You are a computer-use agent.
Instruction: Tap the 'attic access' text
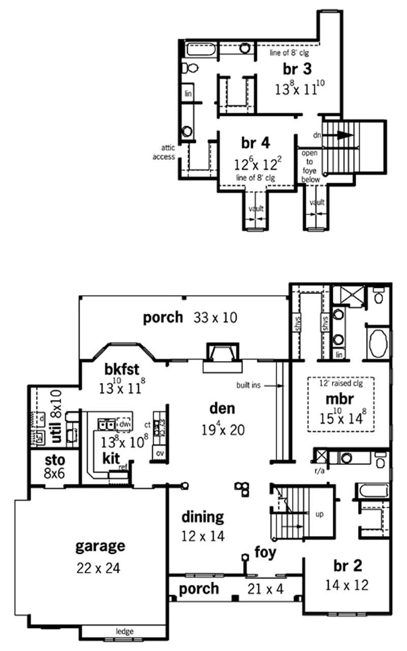[164, 153]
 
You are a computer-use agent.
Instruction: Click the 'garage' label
[100, 546]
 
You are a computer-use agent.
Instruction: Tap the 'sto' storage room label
[55, 460]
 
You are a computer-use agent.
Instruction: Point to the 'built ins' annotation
[249, 386]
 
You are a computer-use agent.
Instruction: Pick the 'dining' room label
[202, 517]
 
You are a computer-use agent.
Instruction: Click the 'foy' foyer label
[266, 552]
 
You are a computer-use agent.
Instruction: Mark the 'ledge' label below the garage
[125, 631]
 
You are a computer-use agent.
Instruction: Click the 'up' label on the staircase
[319, 514]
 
